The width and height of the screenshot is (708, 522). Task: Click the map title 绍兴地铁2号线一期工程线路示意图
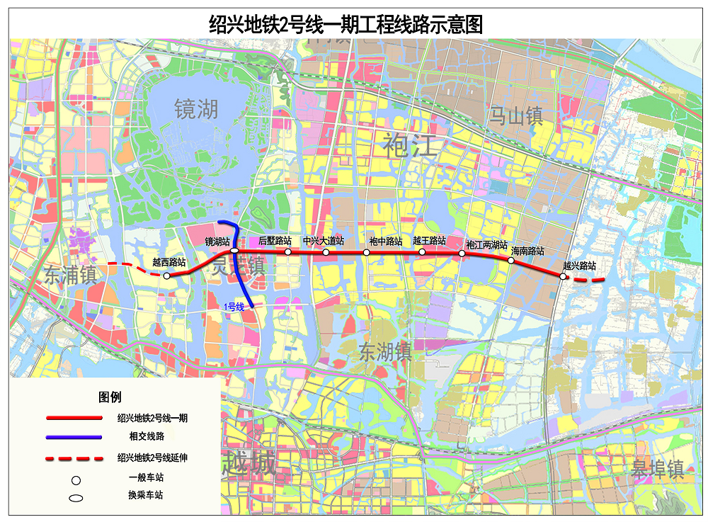[346, 23]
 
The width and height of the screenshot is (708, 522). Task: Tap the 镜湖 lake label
[197, 108]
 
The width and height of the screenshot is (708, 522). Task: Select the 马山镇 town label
[516, 115]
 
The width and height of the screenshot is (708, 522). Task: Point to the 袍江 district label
[411, 144]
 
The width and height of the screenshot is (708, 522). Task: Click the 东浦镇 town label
[69, 275]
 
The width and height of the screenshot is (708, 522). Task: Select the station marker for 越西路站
[166, 276]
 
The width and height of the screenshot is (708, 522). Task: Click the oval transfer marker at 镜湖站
[234, 251]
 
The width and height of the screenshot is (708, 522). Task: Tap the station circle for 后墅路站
[288, 251]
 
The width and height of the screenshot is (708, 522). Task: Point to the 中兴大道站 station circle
[326, 252]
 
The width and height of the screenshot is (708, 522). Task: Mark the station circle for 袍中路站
[367, 252]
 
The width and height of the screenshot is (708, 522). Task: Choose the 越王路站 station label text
[429, 241]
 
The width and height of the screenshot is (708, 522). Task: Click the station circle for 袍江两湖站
[462, 254]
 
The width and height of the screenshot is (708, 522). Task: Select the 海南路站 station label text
[527, 251]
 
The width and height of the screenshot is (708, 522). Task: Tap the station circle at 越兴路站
[563, 276]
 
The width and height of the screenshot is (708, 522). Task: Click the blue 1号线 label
[234, 307]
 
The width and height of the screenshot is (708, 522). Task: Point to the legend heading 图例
[110, 397]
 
